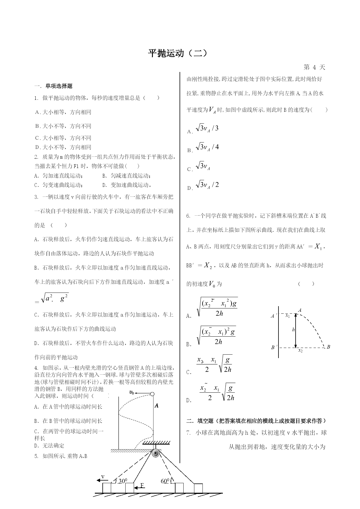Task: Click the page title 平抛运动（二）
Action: coord(178,53)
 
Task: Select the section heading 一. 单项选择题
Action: coord(53,86)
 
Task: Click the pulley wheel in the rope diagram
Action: coord(156,454)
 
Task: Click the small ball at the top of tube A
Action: coord(152,394)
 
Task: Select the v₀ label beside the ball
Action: coord(132,392)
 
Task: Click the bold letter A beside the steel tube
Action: coord(156,405)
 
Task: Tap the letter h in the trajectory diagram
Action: coord(293,330)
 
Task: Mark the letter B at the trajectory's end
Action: coord(328,347)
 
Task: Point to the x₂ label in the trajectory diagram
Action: coord(300,351)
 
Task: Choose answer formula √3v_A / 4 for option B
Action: coord(207,147)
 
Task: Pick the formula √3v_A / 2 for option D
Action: coord(207,185)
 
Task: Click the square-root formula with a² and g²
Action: coord(55,298)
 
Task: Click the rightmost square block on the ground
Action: coord(198,488)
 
